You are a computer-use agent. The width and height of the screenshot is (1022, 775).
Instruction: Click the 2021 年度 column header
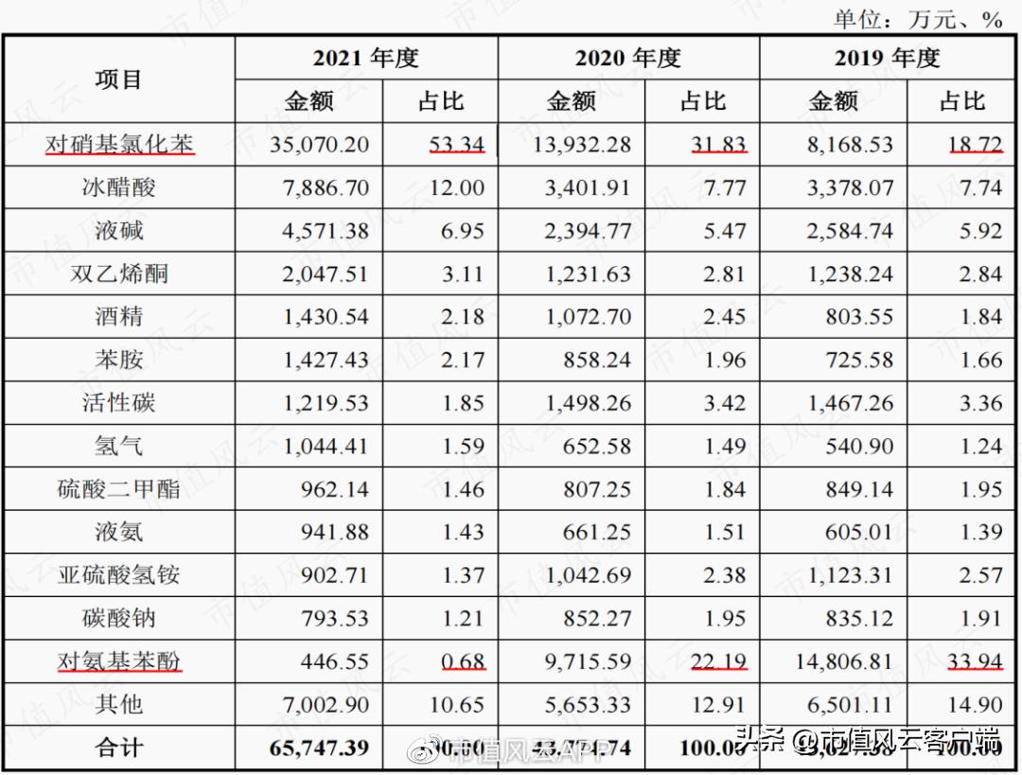pyautogui.click(x=365, y=58)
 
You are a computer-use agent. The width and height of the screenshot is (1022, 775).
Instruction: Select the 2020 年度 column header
pyautogui.click(x=627, y=58)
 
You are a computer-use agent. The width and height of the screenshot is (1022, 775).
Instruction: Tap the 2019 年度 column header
pyautogui.click(x=887, y=58)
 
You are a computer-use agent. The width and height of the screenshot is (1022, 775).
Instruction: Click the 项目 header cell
pyautogui.click(x=118, y=79)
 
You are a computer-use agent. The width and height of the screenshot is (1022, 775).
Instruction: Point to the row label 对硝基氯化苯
pyautogui.click(x=119, y=145)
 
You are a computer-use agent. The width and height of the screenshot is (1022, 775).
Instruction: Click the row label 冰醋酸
pyautogui.click(x=119, y=187)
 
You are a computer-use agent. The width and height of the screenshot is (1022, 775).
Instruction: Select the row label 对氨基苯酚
pyautogui.click(x=119, y=661)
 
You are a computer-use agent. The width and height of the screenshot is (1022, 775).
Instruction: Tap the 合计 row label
pyautogui.click(x=119, y=748)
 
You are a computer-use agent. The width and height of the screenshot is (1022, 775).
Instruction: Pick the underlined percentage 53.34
pyautogui.click(x=455, y=145)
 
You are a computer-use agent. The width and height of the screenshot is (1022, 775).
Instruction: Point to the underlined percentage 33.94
pyautogui.click(x=975, y=661)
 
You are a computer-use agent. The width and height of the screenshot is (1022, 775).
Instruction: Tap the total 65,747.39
pyautogui.click(x=319, y=748)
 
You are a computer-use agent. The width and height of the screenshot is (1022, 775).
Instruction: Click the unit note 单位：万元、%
pyautogui.click(x=917, y=19)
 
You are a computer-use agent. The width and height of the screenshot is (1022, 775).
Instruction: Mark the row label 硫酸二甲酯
pyautogui.click(x=119, y=489)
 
